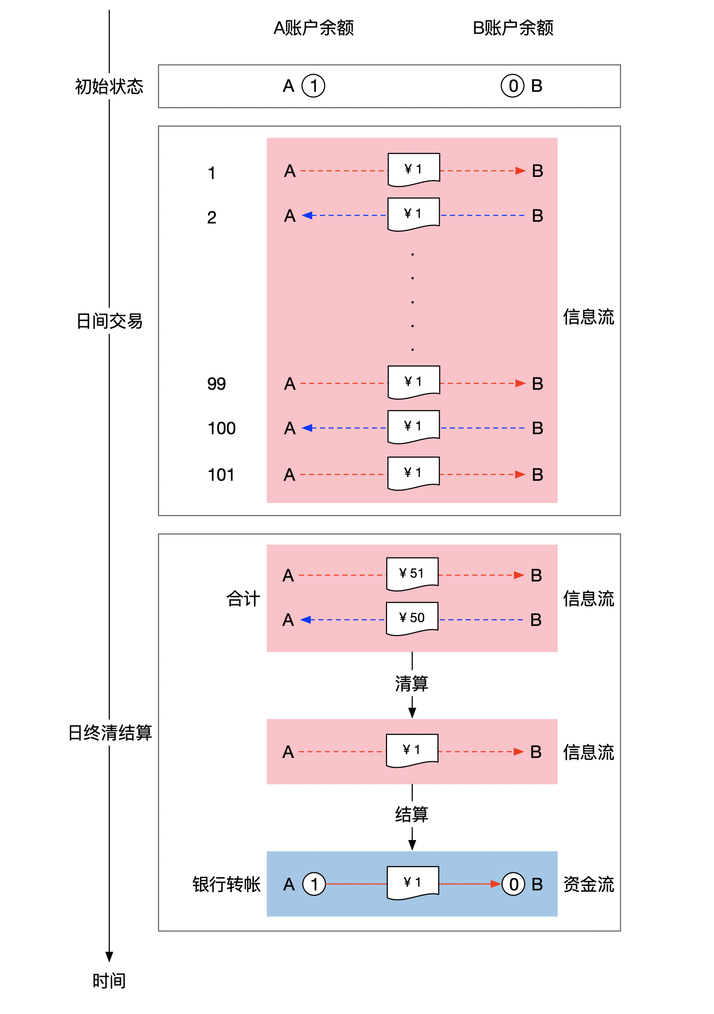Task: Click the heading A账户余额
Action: click(313, 28)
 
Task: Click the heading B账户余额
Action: click(513, 28)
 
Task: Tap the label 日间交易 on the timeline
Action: click(109, 321)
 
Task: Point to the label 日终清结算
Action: click(110, 733)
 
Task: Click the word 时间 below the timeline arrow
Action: click(109, 981)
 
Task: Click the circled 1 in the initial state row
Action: click(313, 85)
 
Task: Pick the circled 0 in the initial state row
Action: click(512, 85)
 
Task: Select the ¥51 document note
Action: click(412, 574)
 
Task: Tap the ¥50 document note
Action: click(412, 618)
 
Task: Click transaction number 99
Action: click(216, 384)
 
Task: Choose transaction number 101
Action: click(221, 475)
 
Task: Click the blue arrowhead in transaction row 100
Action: click(307, 428)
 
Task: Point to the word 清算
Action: click(412, 683)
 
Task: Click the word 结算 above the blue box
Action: click(412, 814)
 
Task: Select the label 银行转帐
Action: click(226, 884)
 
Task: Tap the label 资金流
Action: click(589, 884)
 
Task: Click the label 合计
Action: click(243, 599)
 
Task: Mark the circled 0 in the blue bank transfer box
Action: click(513, 884)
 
